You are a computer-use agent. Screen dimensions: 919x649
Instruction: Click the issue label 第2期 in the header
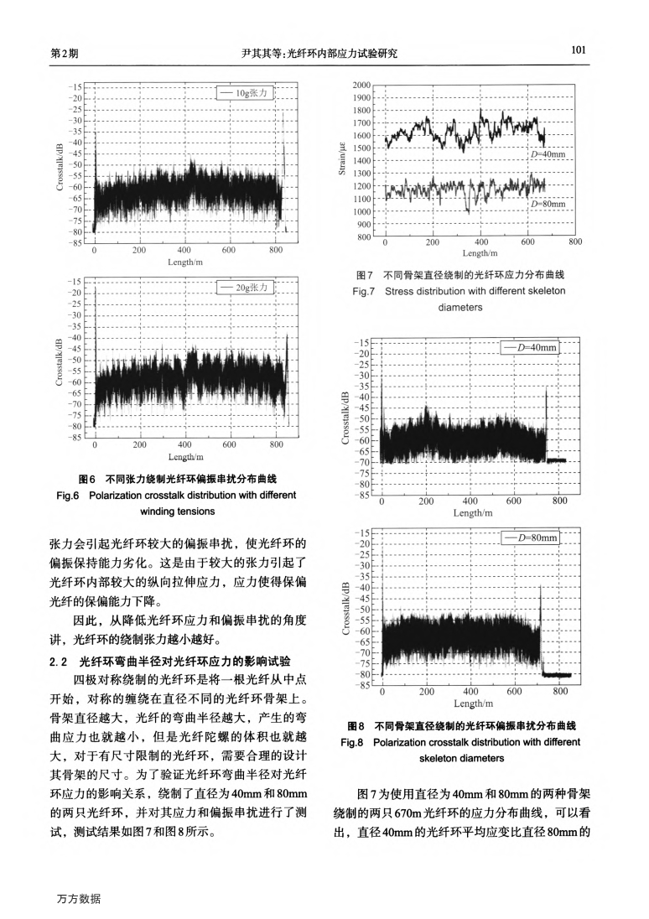pos(65,54)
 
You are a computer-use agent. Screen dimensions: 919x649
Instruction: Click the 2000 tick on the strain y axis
pos(361,86)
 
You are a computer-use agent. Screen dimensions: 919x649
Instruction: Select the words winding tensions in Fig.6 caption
pos(179,511)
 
